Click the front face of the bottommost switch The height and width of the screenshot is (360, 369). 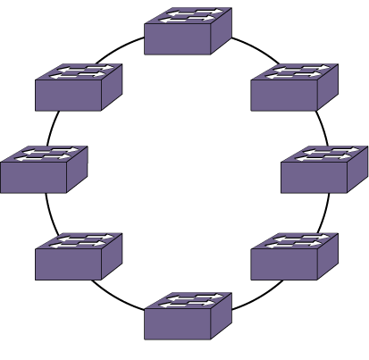click(x=178, y=322)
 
